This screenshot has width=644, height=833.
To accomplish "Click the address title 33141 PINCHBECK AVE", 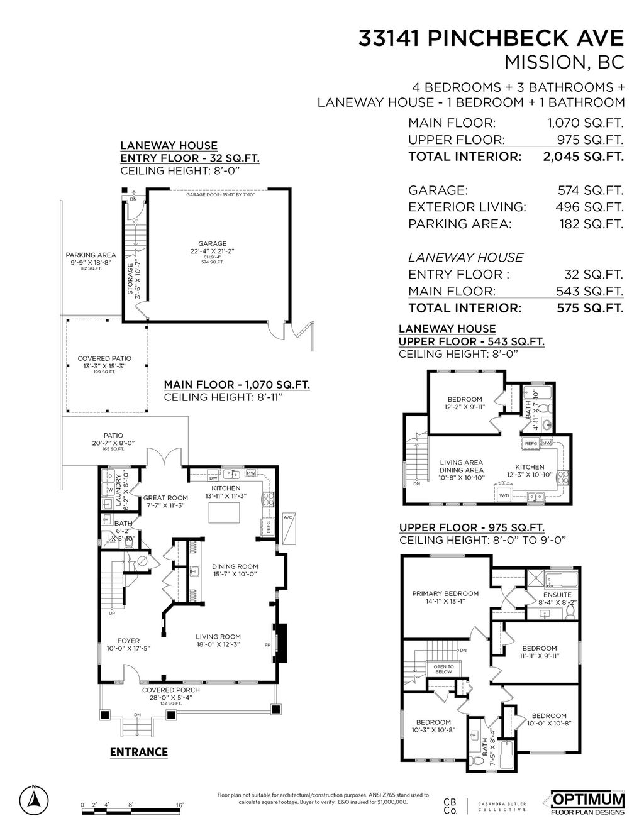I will point(491,39).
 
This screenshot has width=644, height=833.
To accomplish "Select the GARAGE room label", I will point(212,243).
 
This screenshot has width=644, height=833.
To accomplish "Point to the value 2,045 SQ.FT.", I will point(583,157).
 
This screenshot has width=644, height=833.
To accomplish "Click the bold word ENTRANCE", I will point(138,752).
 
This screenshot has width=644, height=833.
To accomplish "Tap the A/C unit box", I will point(289,529).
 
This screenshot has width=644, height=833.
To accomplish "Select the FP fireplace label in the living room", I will point(267,645).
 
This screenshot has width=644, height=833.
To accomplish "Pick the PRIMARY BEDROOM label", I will point(445,593).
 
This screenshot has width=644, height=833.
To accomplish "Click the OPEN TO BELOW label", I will point(444,669).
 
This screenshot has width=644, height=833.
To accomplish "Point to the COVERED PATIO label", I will point(104,358).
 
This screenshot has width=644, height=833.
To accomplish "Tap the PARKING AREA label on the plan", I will point(91,255).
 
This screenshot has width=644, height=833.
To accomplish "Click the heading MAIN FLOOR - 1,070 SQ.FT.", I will point(236,385).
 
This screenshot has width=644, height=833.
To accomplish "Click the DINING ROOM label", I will point(235,566).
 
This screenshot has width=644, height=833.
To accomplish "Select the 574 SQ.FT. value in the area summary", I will point(590,190).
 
